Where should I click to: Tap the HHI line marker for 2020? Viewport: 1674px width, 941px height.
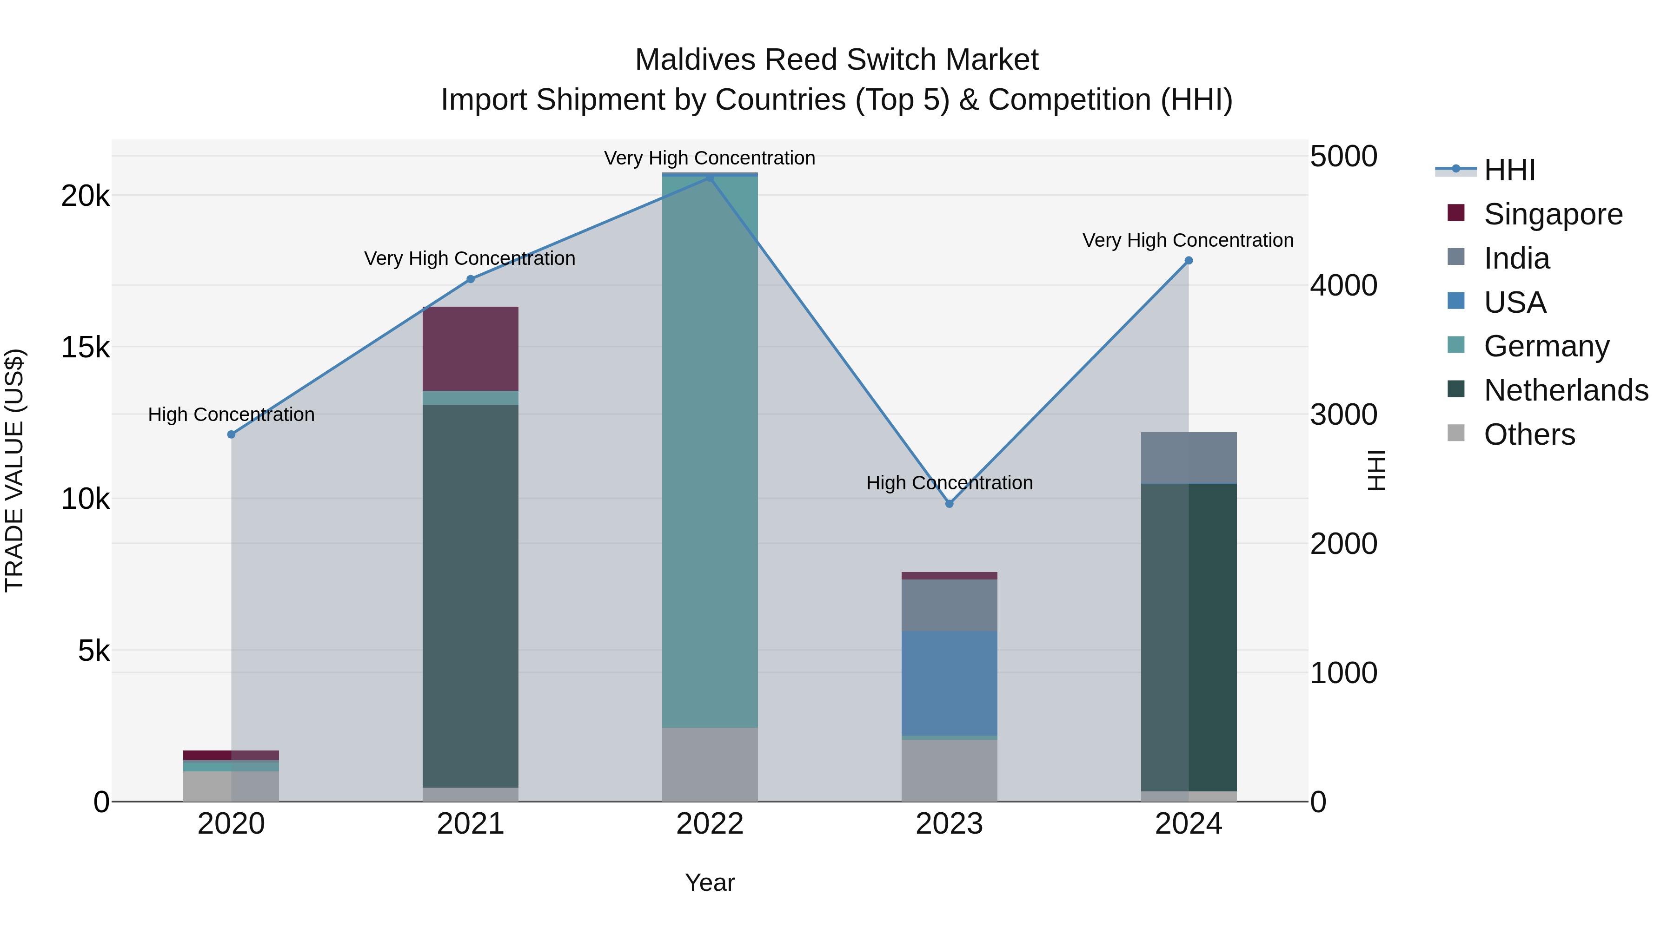coord(232,434)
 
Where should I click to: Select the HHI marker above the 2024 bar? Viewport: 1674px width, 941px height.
coord(1188,260)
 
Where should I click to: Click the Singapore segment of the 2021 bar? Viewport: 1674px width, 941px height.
coord(471,348)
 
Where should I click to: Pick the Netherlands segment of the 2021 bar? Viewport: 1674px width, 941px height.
coord(471,596)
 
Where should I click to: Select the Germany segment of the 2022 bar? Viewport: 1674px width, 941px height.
coord(710,451)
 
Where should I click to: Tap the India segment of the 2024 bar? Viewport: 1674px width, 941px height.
coord(1188,457)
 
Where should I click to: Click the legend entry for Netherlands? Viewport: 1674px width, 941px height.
coord(1566,390)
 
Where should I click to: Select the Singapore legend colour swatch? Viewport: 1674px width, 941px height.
coord(1456,213)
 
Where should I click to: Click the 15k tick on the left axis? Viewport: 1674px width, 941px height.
coord(85,348)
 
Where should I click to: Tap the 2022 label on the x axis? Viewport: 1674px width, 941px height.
coord(710,824)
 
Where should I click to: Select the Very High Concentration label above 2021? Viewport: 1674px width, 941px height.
coord(469,258)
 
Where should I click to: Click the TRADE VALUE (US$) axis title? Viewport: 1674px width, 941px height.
coord(14,470)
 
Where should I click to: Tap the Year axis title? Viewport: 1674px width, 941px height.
coord(710,882)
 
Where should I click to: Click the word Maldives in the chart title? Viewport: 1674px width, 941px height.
coord(695,60)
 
